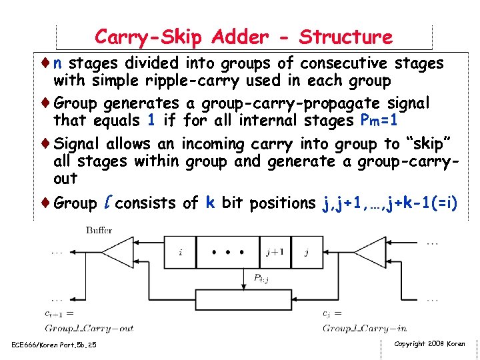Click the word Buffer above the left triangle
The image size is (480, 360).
click(x=99, y=230)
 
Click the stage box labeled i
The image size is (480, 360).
click(x=181, y=252)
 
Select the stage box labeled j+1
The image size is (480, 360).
click(x=275, y=252)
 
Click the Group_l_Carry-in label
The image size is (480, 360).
click(x=365, y=327)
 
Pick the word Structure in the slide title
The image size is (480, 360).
click(x=346, y=37)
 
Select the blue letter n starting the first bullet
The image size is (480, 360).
click(x=58, y=63)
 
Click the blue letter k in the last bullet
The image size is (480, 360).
click(x=210, y=203)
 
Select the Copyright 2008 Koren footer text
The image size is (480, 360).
click(x=429, y=343)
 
